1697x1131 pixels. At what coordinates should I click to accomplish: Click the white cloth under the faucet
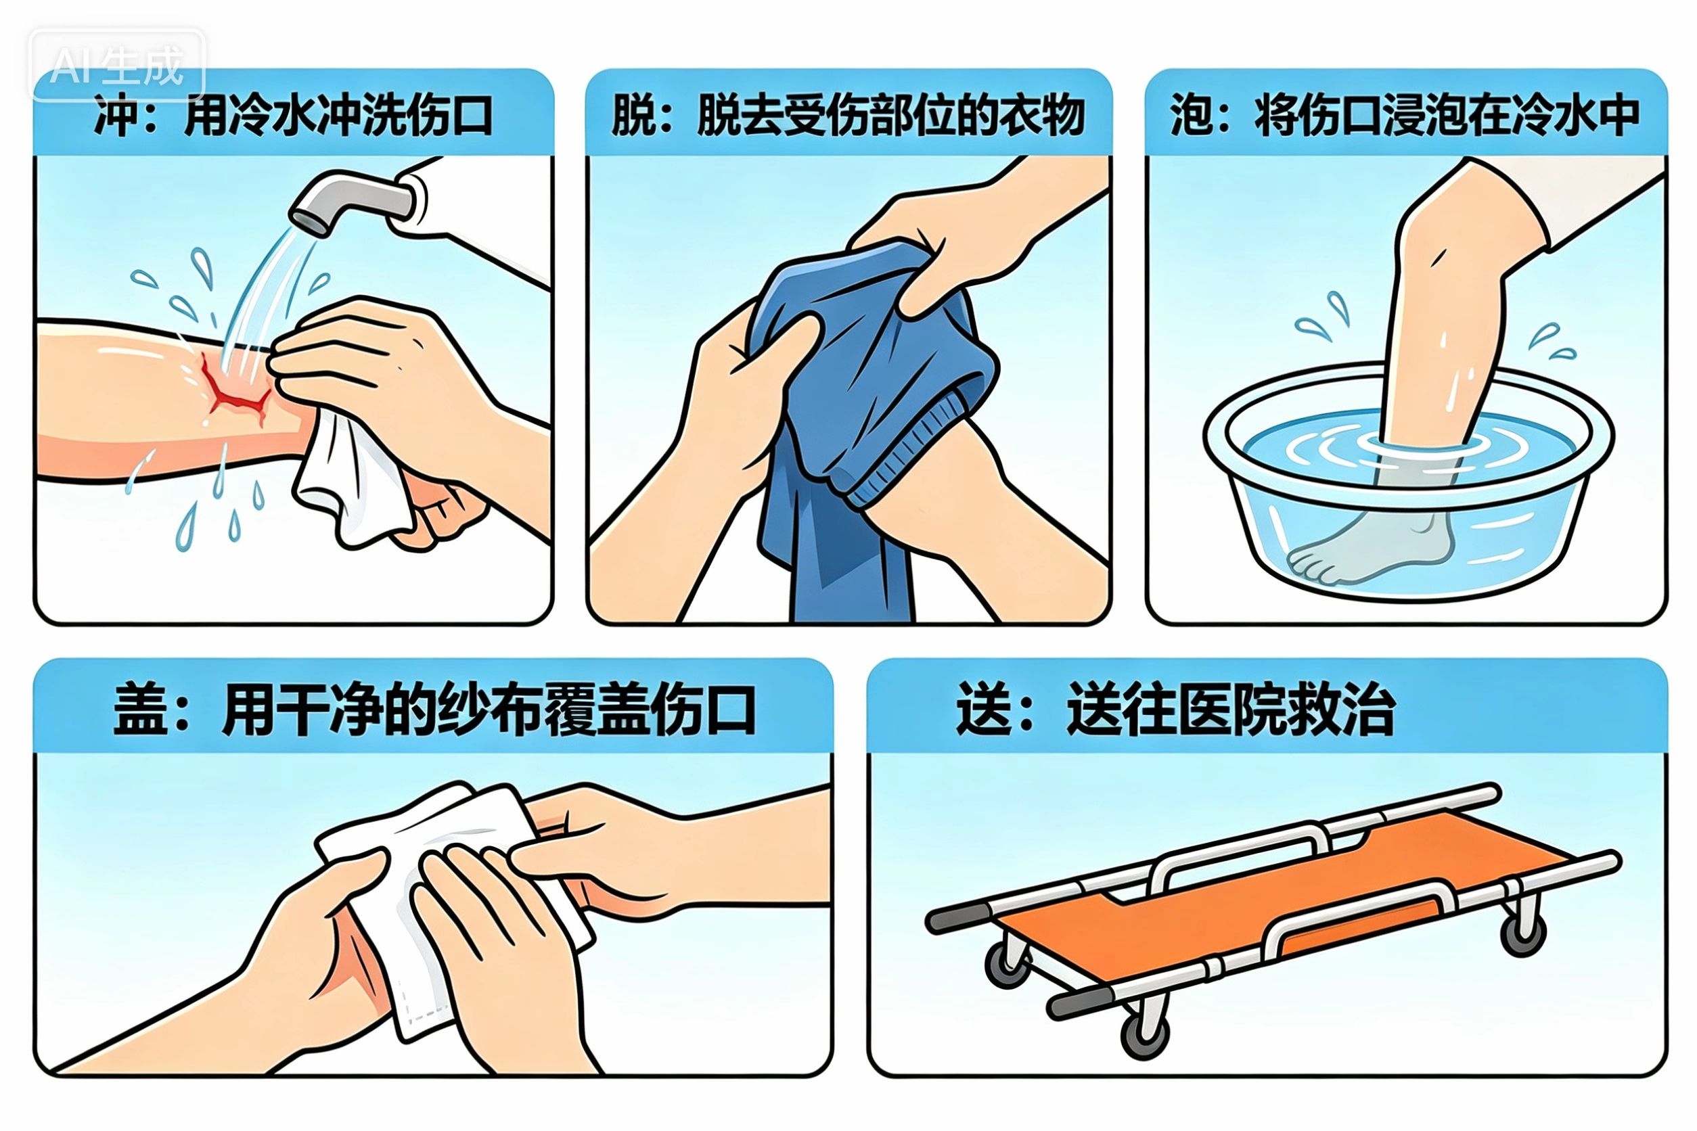click(350, 480)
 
